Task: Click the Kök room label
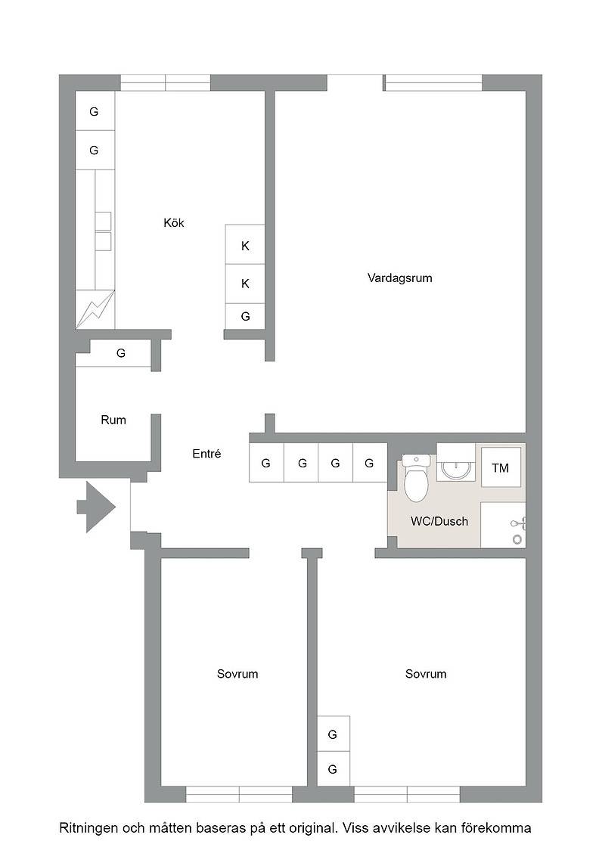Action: [x=173, y=222]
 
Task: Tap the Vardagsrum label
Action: [x=399, y=278]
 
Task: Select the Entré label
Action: [x=206, y=454]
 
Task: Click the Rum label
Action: [x=113, y=420]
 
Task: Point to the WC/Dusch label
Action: [x=439, y=521]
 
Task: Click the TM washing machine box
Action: [x=501, y=468]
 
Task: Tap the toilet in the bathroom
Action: [x=415, y=477]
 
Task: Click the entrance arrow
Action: [x=96, y=507]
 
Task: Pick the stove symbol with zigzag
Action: [x=95, y=309]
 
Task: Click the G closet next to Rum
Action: [x=120, y=353]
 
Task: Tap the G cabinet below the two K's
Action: [x=245, y=316]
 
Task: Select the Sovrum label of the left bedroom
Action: [x=237, y=674]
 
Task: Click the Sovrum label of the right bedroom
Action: [x=426, y=674]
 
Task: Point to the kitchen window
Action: [x=165, y=82]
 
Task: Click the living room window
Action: [x=433, y=82]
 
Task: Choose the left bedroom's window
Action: [x=239, y=794]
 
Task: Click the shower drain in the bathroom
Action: [x=517, y=539]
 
